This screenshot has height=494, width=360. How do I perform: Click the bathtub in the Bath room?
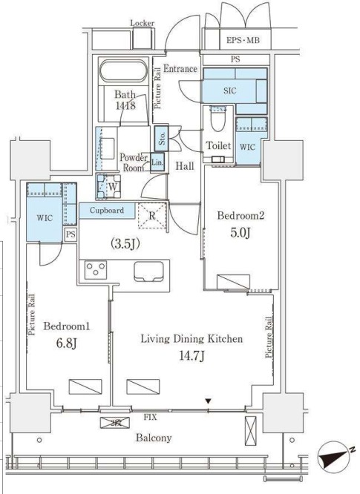click(123, 71)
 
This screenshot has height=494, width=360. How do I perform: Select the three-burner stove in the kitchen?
click(96, 270)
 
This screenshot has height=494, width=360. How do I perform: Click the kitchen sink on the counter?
click(148, 271)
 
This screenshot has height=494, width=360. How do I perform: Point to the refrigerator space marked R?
click(152, 216)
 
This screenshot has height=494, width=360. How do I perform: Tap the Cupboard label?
click(107, 210)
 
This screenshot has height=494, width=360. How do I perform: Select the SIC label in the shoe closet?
click(230, 90)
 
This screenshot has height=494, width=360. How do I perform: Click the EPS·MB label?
click(243, 40)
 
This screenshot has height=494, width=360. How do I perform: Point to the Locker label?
click(143, 23)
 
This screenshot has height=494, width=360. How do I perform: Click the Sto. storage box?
click(161, 138)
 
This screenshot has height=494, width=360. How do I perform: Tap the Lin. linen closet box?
click(157, 162)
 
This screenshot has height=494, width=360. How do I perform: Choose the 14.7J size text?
click(192, 356)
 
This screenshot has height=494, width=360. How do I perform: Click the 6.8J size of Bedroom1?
click(67, 343)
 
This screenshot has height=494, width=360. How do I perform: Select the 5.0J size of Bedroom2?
click(240, 233)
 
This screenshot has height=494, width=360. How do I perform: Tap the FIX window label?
click(150, 417)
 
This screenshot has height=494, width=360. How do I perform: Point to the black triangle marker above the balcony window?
click(208, 401)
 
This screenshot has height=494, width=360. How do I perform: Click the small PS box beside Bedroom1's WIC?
click(71, 234)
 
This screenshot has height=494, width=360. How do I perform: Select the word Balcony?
click(154, 438)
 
